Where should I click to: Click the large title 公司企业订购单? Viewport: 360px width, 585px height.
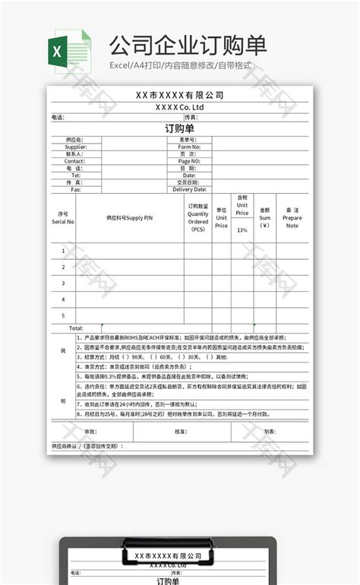188,45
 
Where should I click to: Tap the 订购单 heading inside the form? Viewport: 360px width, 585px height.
180,128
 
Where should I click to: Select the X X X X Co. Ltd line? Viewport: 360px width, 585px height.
180,107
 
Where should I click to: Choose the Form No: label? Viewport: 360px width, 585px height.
189,147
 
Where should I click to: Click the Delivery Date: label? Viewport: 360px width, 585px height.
189,189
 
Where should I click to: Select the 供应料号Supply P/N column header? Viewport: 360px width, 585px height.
129,218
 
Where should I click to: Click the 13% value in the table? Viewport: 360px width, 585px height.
242,229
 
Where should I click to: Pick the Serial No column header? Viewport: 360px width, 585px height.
63,218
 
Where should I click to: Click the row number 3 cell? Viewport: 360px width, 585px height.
63,283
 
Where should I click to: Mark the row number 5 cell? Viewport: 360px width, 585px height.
63,315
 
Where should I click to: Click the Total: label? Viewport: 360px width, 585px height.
76,328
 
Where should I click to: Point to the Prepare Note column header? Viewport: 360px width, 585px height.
292,218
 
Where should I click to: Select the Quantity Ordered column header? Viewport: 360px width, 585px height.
198,217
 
